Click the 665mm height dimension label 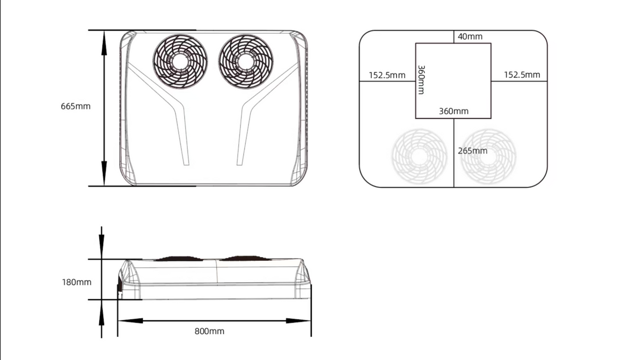pyautogui.click(x=76, y=106)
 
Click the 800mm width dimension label pyautogui.click(x=209, y=331)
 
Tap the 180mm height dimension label pyautogui.click(x=76, y=282)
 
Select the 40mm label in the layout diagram pyautogui.click(x=470, y=36)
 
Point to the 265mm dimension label pyautogui.click(x=473, y=151)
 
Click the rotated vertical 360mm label pyautogui.click(x=421, y=79)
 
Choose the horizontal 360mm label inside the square pyautogui.click(x=453, y=111)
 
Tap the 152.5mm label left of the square pyautogui.click(x=387, y=75)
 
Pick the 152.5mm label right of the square pyautogui.click(x=522, y=75)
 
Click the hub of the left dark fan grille pyautogui.click(x=180, y=62)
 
